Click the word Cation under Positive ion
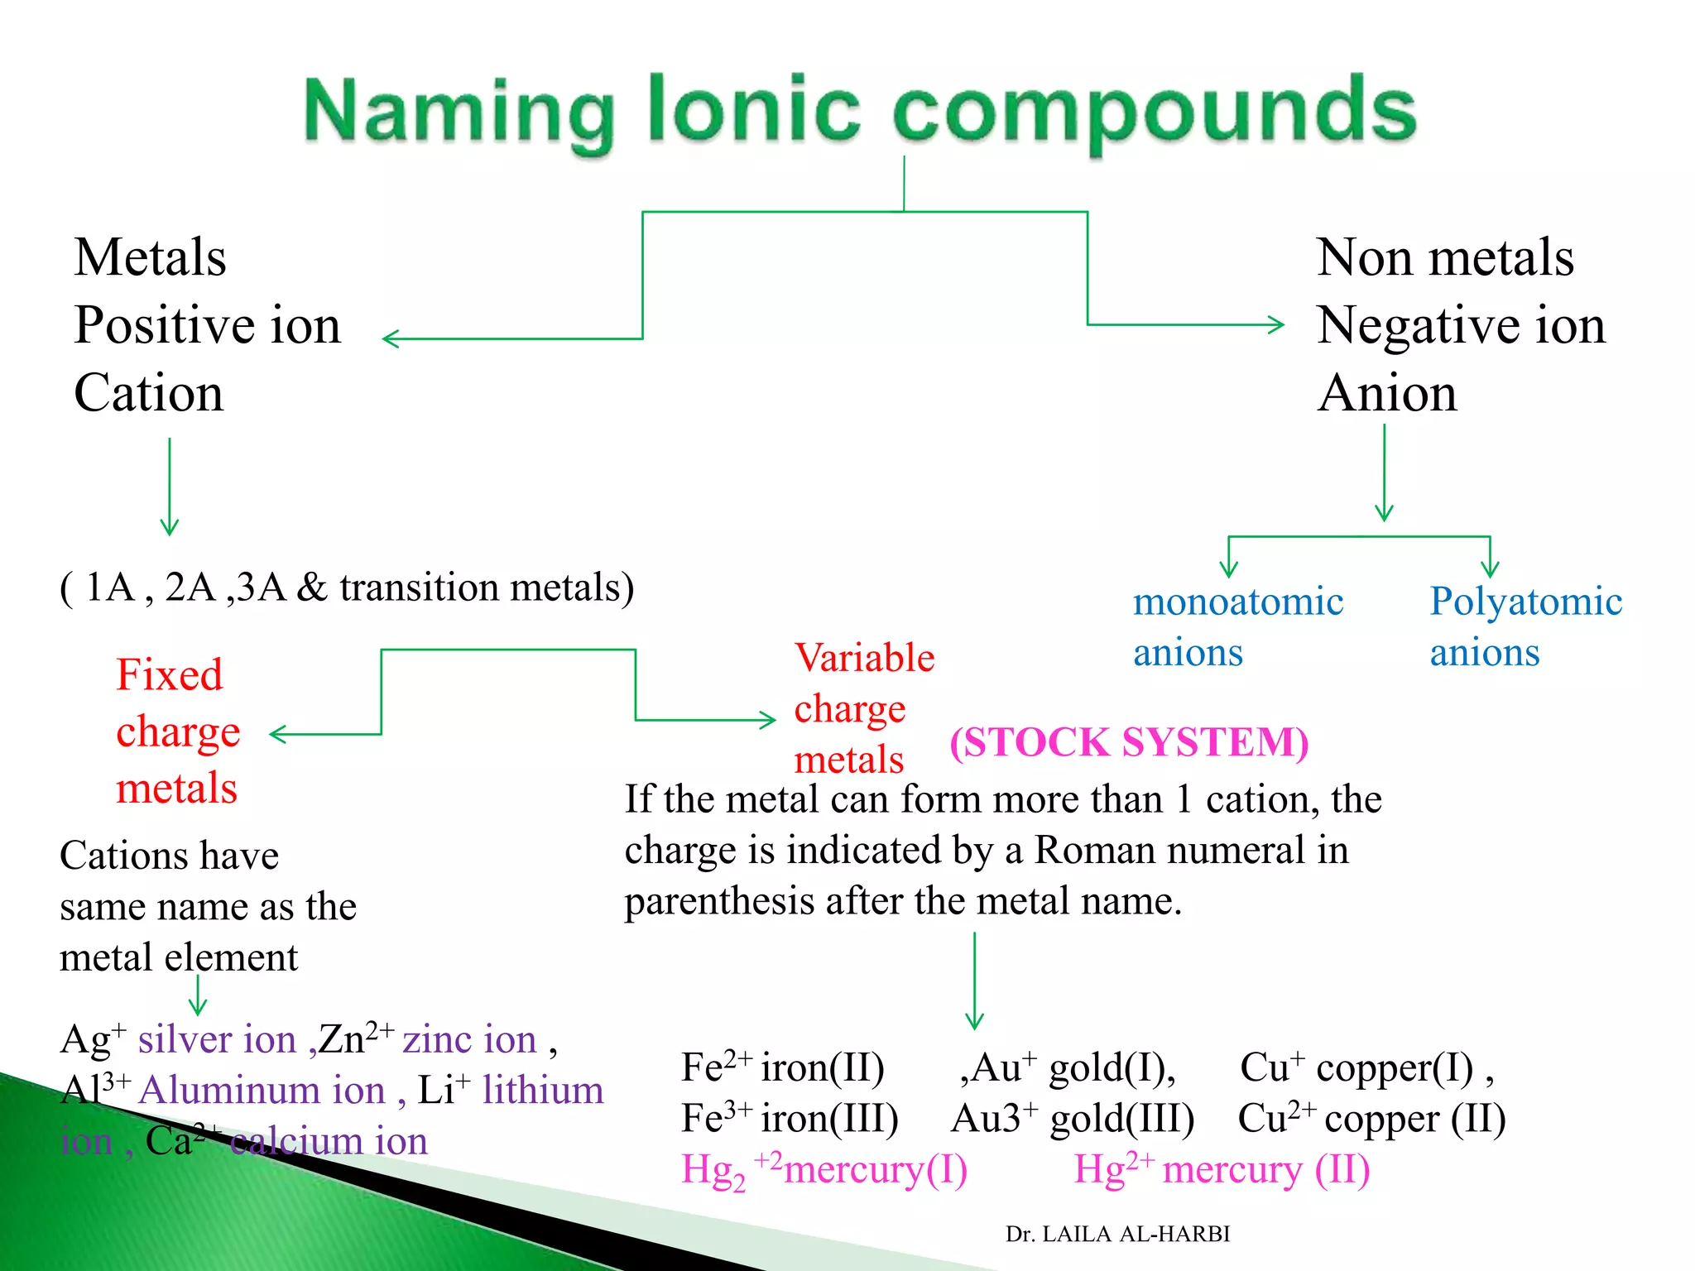(x=149, y=393)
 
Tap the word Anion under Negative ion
(x=1388, y=393)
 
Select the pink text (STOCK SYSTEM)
(x=1129, y=742)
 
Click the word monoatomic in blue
(x=1238, y=602)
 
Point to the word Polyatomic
(x=1525, y=602)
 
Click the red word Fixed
(x=170, y=675)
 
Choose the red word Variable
(x=864, y=658)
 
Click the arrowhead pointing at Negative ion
(x=1280, y=324)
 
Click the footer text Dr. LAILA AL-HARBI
(x=1117, y=1234)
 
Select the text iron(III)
(x=829, y=1119)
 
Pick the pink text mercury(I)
(x=875, y=1170)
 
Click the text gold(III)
(x=1121, y=1119)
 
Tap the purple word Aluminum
(x=262, y=1091)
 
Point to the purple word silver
(x=175, y=1039)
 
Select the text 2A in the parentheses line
(x=190, y=588)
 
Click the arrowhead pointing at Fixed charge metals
(x=276, y=734)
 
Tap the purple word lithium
(x=543, y=1091)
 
